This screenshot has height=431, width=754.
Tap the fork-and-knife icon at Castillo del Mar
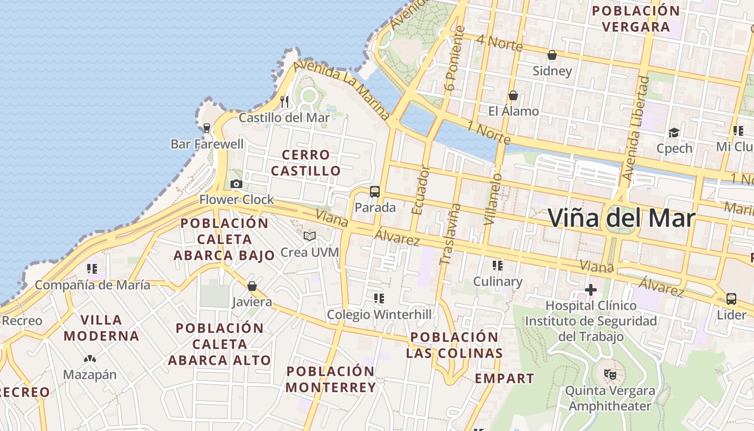coord(284,101)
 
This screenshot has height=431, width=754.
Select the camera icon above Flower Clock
coord(236,184)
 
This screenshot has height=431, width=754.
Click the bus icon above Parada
coord(375,192)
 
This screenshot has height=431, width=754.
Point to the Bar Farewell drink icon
coord(206,128)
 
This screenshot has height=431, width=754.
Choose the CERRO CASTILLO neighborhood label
coord(306,163)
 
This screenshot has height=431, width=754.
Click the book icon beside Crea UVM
coord(310,237)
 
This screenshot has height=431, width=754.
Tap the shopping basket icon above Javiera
coord(252,286)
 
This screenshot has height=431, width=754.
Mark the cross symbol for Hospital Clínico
coord(591,290)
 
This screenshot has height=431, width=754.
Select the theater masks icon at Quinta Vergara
coord(610,373)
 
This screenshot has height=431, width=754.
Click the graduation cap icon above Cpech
coord(674,133)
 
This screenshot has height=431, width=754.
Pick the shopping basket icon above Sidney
coord(552,55)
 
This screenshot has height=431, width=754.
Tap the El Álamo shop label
coord(513,112)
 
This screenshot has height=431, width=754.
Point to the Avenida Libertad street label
coord(637,128)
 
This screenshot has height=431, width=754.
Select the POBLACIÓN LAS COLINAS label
coord(454,345)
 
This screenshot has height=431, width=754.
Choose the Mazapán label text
coord(90,374)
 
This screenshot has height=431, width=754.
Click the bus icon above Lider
coord(731,298)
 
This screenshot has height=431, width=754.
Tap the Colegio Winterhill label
coord(379,314)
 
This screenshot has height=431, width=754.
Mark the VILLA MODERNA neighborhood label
coord(101,328)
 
